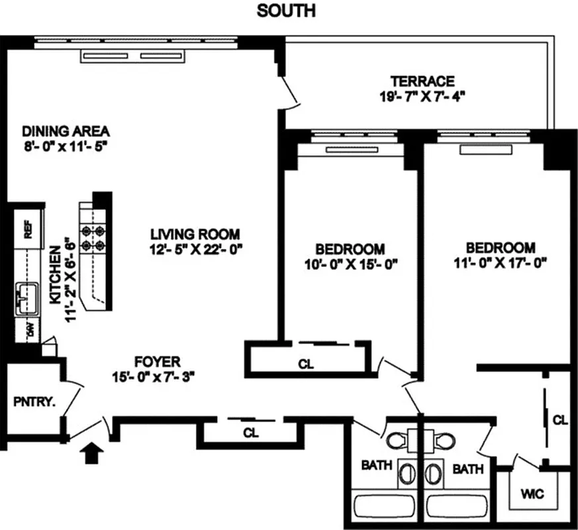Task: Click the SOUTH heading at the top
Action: (286, 11)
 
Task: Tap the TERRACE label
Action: (422, 81)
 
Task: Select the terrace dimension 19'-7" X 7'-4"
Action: (422, 96)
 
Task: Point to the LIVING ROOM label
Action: (195, 234)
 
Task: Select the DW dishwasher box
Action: (29, 329)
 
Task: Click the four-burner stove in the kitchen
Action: (93, 238)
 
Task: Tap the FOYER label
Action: (157, 362)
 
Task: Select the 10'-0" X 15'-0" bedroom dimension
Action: (350, 264)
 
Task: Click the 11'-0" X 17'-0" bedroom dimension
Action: (500, 262)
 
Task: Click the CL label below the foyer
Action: (250, 433)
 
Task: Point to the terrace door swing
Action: (290, 93)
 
